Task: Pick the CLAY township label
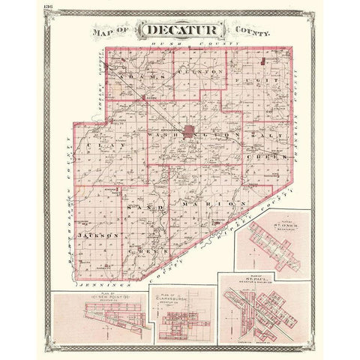point(95,140)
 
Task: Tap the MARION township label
point(212,203)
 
